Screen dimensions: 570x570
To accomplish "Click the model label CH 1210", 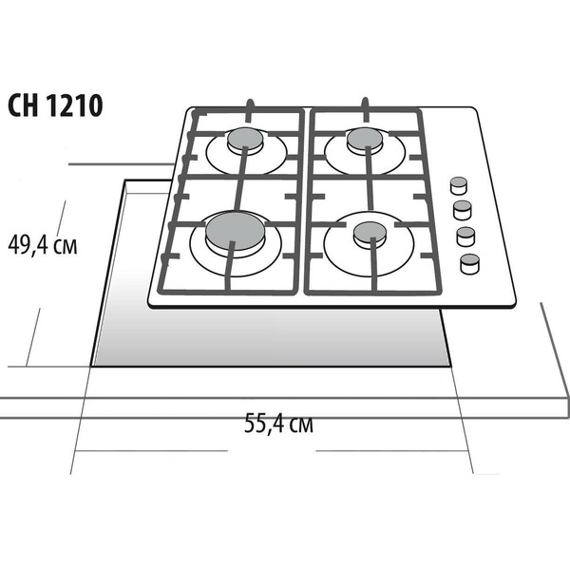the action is pyautogui.click(x=55, y=105).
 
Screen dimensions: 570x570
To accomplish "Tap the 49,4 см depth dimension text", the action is pyautogui.click(x=43, y=245).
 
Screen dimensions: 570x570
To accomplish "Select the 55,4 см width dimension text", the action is pyautogui.click(x=278, y=423).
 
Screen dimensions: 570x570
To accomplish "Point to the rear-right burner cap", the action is pyautogui.click(x=364, y=139).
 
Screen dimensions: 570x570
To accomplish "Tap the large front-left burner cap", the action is pyautogui.click(x=236, y=231).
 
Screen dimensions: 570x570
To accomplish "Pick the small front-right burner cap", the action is pyautogui.click(x=370, y=233).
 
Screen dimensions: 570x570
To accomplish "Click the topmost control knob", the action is pyautogui.click(x=459, y=185).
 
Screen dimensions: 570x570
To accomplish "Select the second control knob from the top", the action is pyautogui.click(x=463, y=210).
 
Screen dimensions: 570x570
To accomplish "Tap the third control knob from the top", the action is pyautogui.click(x=465, y=237).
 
